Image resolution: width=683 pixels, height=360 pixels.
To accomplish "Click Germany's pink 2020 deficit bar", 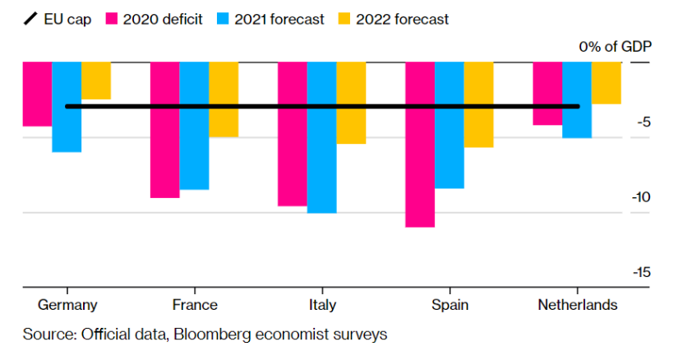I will pos(37,94).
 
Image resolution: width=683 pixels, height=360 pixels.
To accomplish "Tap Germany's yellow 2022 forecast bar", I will pos(95,81).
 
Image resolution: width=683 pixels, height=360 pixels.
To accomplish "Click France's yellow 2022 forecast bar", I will pos(224,99).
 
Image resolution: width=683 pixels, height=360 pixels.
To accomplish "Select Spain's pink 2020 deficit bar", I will pos(420,144).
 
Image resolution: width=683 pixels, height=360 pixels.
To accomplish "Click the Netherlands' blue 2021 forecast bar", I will pos(577,99).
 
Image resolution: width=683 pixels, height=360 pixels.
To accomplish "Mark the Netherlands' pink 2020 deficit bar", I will pos(547,93).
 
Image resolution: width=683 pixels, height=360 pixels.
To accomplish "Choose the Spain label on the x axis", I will pos(450,305).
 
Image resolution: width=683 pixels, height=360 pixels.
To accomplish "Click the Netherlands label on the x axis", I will pos(577,305).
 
